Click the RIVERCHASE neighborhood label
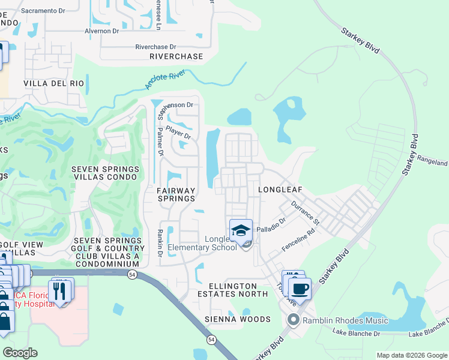(176, 56)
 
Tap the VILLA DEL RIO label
(52, 83)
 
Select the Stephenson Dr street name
(175, 105)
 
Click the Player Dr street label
(178, 131)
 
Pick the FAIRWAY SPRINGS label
(176, 194)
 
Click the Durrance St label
(306, 213)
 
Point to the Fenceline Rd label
(298, 240)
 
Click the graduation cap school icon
(241, 230)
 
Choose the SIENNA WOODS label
(233, 319)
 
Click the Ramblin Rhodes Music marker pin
(294, 319)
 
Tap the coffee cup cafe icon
(300, 289)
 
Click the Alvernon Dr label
(103, 31)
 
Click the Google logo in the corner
(20, 353)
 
